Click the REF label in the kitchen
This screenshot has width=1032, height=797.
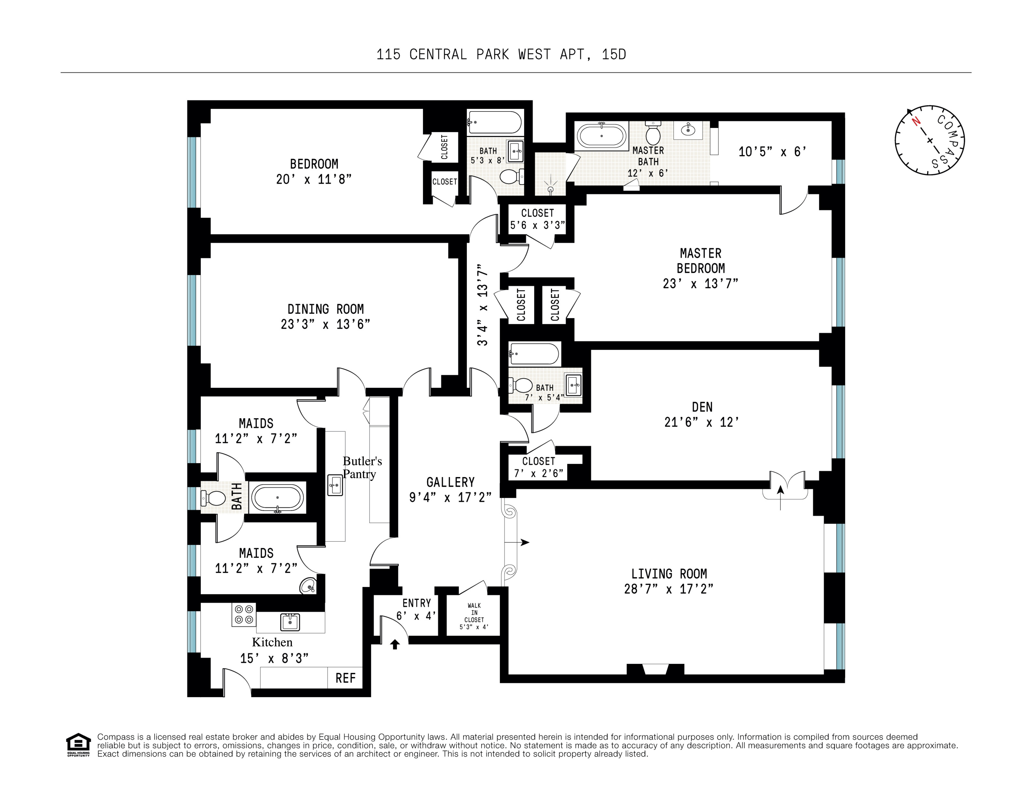click(x=345, y=678)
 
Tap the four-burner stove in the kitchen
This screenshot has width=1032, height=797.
click(x=244, y=615)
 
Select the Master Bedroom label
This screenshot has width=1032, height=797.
click(x=700, y=261)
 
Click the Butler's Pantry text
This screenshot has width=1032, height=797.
click(x=362, y=467)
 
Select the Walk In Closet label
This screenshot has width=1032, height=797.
click(x=474, y=616)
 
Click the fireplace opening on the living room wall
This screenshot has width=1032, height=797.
click(x=655, y=669)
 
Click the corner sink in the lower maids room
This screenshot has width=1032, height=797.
click(x=308, y=586)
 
